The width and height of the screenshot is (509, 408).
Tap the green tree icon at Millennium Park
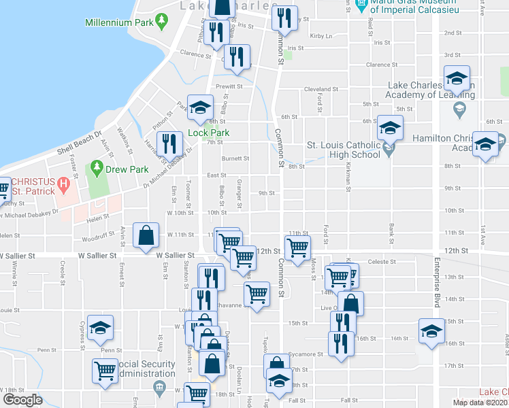[x=161, y=22]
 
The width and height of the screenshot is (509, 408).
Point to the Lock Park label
[x=208, y=133]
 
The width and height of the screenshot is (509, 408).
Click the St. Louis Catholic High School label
[x=343, y=150]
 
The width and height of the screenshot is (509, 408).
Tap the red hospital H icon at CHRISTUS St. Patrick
[x=63, y=183]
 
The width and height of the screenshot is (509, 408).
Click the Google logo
[x=22, y=400]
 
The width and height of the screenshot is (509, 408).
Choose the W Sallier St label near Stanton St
[x=175, y=255]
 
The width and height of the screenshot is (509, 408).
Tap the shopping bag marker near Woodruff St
[x=146, y=235]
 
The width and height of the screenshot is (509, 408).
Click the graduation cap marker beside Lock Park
[x=200, y=107]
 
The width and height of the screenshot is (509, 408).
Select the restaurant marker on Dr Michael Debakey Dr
[x=170, y=143]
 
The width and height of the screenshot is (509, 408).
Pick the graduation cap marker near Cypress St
[x=101, y=329]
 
